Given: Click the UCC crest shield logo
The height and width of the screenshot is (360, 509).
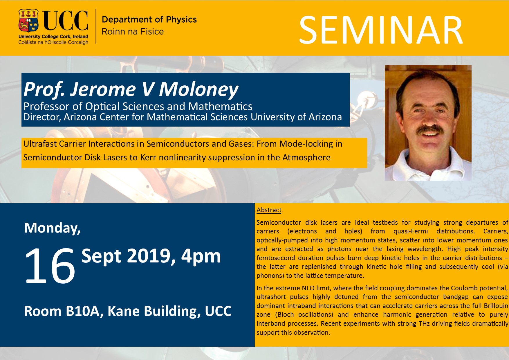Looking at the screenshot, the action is click(x=28, y=21).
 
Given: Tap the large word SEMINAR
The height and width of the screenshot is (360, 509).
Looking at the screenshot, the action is click(x=381, y=30).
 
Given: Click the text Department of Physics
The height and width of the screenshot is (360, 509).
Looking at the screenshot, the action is click(x=149, y=19).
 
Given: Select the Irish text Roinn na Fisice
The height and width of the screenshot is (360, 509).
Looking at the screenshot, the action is click(x=133, y=31).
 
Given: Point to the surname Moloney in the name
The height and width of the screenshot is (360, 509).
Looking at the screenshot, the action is click(x=198, y=89).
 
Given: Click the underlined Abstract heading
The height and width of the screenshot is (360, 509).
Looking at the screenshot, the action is click(x=269, y=210).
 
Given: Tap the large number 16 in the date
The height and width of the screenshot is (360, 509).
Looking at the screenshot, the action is click(x=50, y=266).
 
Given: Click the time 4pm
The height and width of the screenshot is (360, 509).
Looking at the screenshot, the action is click(x=201, y=256).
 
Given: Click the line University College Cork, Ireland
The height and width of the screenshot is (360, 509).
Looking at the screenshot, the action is click(x=53, y=37).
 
